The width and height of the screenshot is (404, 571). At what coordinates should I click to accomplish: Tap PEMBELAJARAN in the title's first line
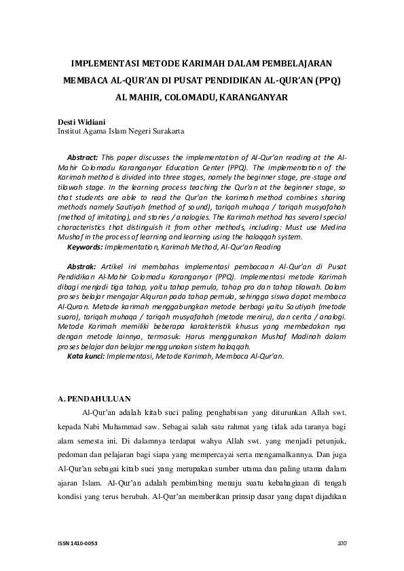point(302,64)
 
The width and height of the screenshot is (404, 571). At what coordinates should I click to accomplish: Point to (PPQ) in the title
point(328,81)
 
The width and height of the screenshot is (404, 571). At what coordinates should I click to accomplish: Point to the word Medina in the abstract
point(333,228)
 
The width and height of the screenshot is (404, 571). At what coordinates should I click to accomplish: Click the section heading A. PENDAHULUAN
point(94,398)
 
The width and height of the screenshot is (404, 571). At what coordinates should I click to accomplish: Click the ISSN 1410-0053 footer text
point(78,543)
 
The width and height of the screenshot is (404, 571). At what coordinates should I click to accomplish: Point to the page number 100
point(342,543)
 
